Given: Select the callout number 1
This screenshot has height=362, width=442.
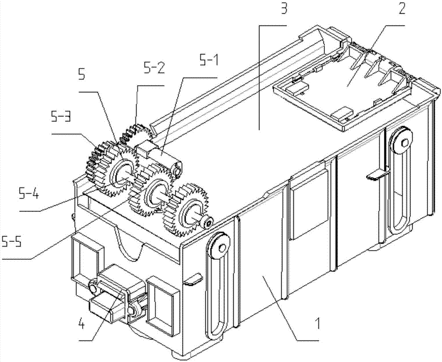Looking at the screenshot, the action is coord(318,323).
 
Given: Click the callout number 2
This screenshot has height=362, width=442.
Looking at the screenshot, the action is coord(402,10).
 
